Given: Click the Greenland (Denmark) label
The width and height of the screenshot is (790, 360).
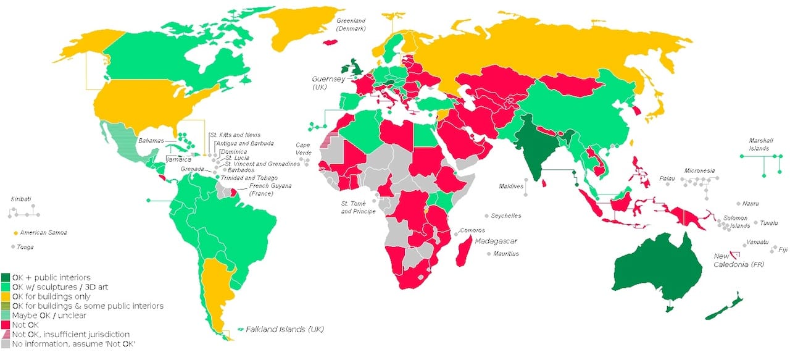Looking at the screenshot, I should [x=351, y=25].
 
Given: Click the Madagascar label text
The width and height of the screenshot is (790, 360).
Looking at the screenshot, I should [x=497, y=241].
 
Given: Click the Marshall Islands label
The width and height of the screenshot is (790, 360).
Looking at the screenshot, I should [x=759, y=144].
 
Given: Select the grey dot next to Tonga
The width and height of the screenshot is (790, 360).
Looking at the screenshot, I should [x=13, y=247].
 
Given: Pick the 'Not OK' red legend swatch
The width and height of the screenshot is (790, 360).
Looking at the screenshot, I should [x=6, y=324].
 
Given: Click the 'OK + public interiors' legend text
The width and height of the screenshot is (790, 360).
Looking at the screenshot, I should [x=51, y=277].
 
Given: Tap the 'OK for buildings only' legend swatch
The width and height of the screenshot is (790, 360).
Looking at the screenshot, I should [x=6, y=296].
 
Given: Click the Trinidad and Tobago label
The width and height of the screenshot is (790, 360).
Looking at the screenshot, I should [x=249, y=178].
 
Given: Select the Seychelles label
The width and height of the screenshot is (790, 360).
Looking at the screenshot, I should [x=506, y=216].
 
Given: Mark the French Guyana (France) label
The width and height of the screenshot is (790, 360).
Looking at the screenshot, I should [x=270, y=189].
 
